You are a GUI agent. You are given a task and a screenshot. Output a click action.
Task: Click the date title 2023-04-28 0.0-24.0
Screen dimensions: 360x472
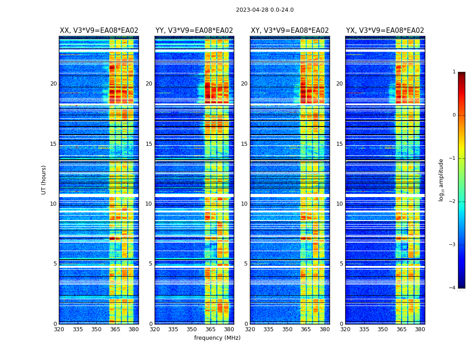click(x=265, y=10)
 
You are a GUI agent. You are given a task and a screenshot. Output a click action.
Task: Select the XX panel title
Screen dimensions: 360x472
click(x=99, y=31)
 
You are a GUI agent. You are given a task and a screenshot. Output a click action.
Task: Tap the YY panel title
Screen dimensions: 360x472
click(x=194, y=31)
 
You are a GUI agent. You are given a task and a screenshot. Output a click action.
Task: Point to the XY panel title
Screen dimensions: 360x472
click(x=289, y=31)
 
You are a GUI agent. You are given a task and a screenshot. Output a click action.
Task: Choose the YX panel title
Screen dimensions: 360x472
click(x=385, y=31)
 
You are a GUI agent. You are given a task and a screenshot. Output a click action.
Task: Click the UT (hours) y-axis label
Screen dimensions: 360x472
click(x=44, y=180)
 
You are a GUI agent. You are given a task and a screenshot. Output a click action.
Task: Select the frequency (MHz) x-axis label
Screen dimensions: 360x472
click(x=217, y=338)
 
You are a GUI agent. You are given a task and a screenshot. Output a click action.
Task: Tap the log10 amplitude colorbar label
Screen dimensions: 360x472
click(x=441, y=180)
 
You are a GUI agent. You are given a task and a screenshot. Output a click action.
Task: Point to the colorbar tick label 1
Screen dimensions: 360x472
click(x=454, y=72)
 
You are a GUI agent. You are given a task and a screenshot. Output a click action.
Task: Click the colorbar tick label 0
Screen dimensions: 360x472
click(x=454, y=115)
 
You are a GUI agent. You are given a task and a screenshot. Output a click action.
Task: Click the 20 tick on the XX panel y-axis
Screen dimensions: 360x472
click(x=53, y=84)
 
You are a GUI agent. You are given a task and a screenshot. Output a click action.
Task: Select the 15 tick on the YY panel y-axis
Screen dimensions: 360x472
click(x=149, y=144)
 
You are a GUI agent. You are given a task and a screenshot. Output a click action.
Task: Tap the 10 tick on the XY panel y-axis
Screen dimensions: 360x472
click(x=244, y=204)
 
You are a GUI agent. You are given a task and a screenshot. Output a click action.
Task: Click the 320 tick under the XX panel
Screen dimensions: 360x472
click(x=59, y=329)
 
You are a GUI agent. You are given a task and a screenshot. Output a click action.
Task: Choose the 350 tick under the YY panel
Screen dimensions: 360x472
click(x=192, y=329)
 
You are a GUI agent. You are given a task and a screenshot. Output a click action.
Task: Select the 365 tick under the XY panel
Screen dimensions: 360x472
click(x=306, y=329)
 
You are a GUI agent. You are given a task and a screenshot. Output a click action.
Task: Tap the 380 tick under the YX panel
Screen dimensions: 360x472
click(x=420, y=329)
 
